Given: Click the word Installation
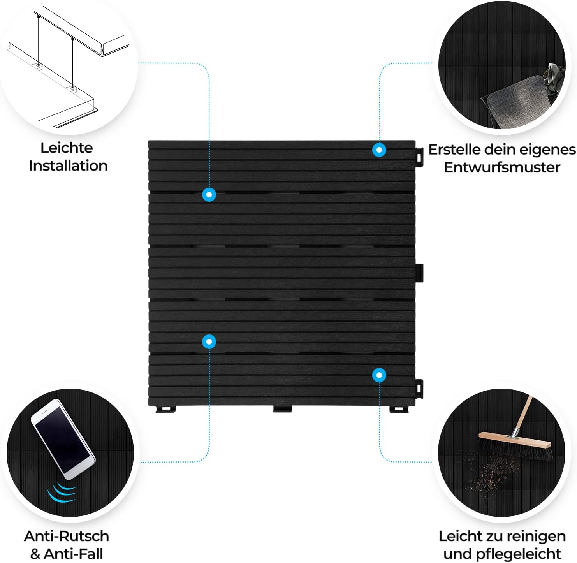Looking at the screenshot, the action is (x=68, y=166).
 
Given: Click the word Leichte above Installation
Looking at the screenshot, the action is (x=67, y=148).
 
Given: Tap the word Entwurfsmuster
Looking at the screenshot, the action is (x=502, y=167).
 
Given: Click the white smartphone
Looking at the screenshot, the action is (x=63, y=439).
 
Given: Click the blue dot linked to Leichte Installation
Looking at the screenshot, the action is (x=209, y=195).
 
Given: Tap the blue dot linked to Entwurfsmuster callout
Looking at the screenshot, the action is (x=379, y=150).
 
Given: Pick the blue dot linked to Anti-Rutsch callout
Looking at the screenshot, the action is (x=209, y=341).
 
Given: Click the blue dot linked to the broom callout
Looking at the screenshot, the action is (x=379, y=375).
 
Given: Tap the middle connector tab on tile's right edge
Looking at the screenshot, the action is (x=419, y=273).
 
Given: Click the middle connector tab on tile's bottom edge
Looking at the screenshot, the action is (x=282, y=409).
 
